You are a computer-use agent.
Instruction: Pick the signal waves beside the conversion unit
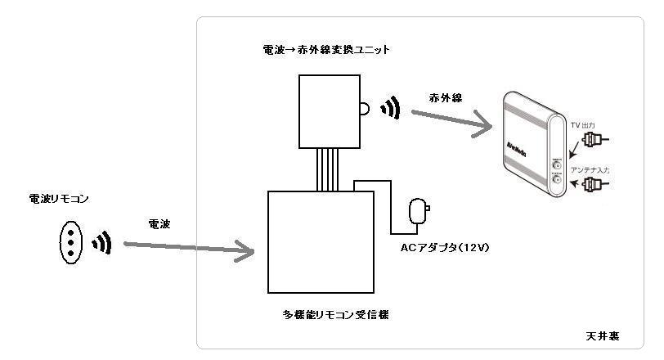click(391, 108)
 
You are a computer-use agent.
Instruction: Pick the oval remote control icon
click(71, 242)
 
